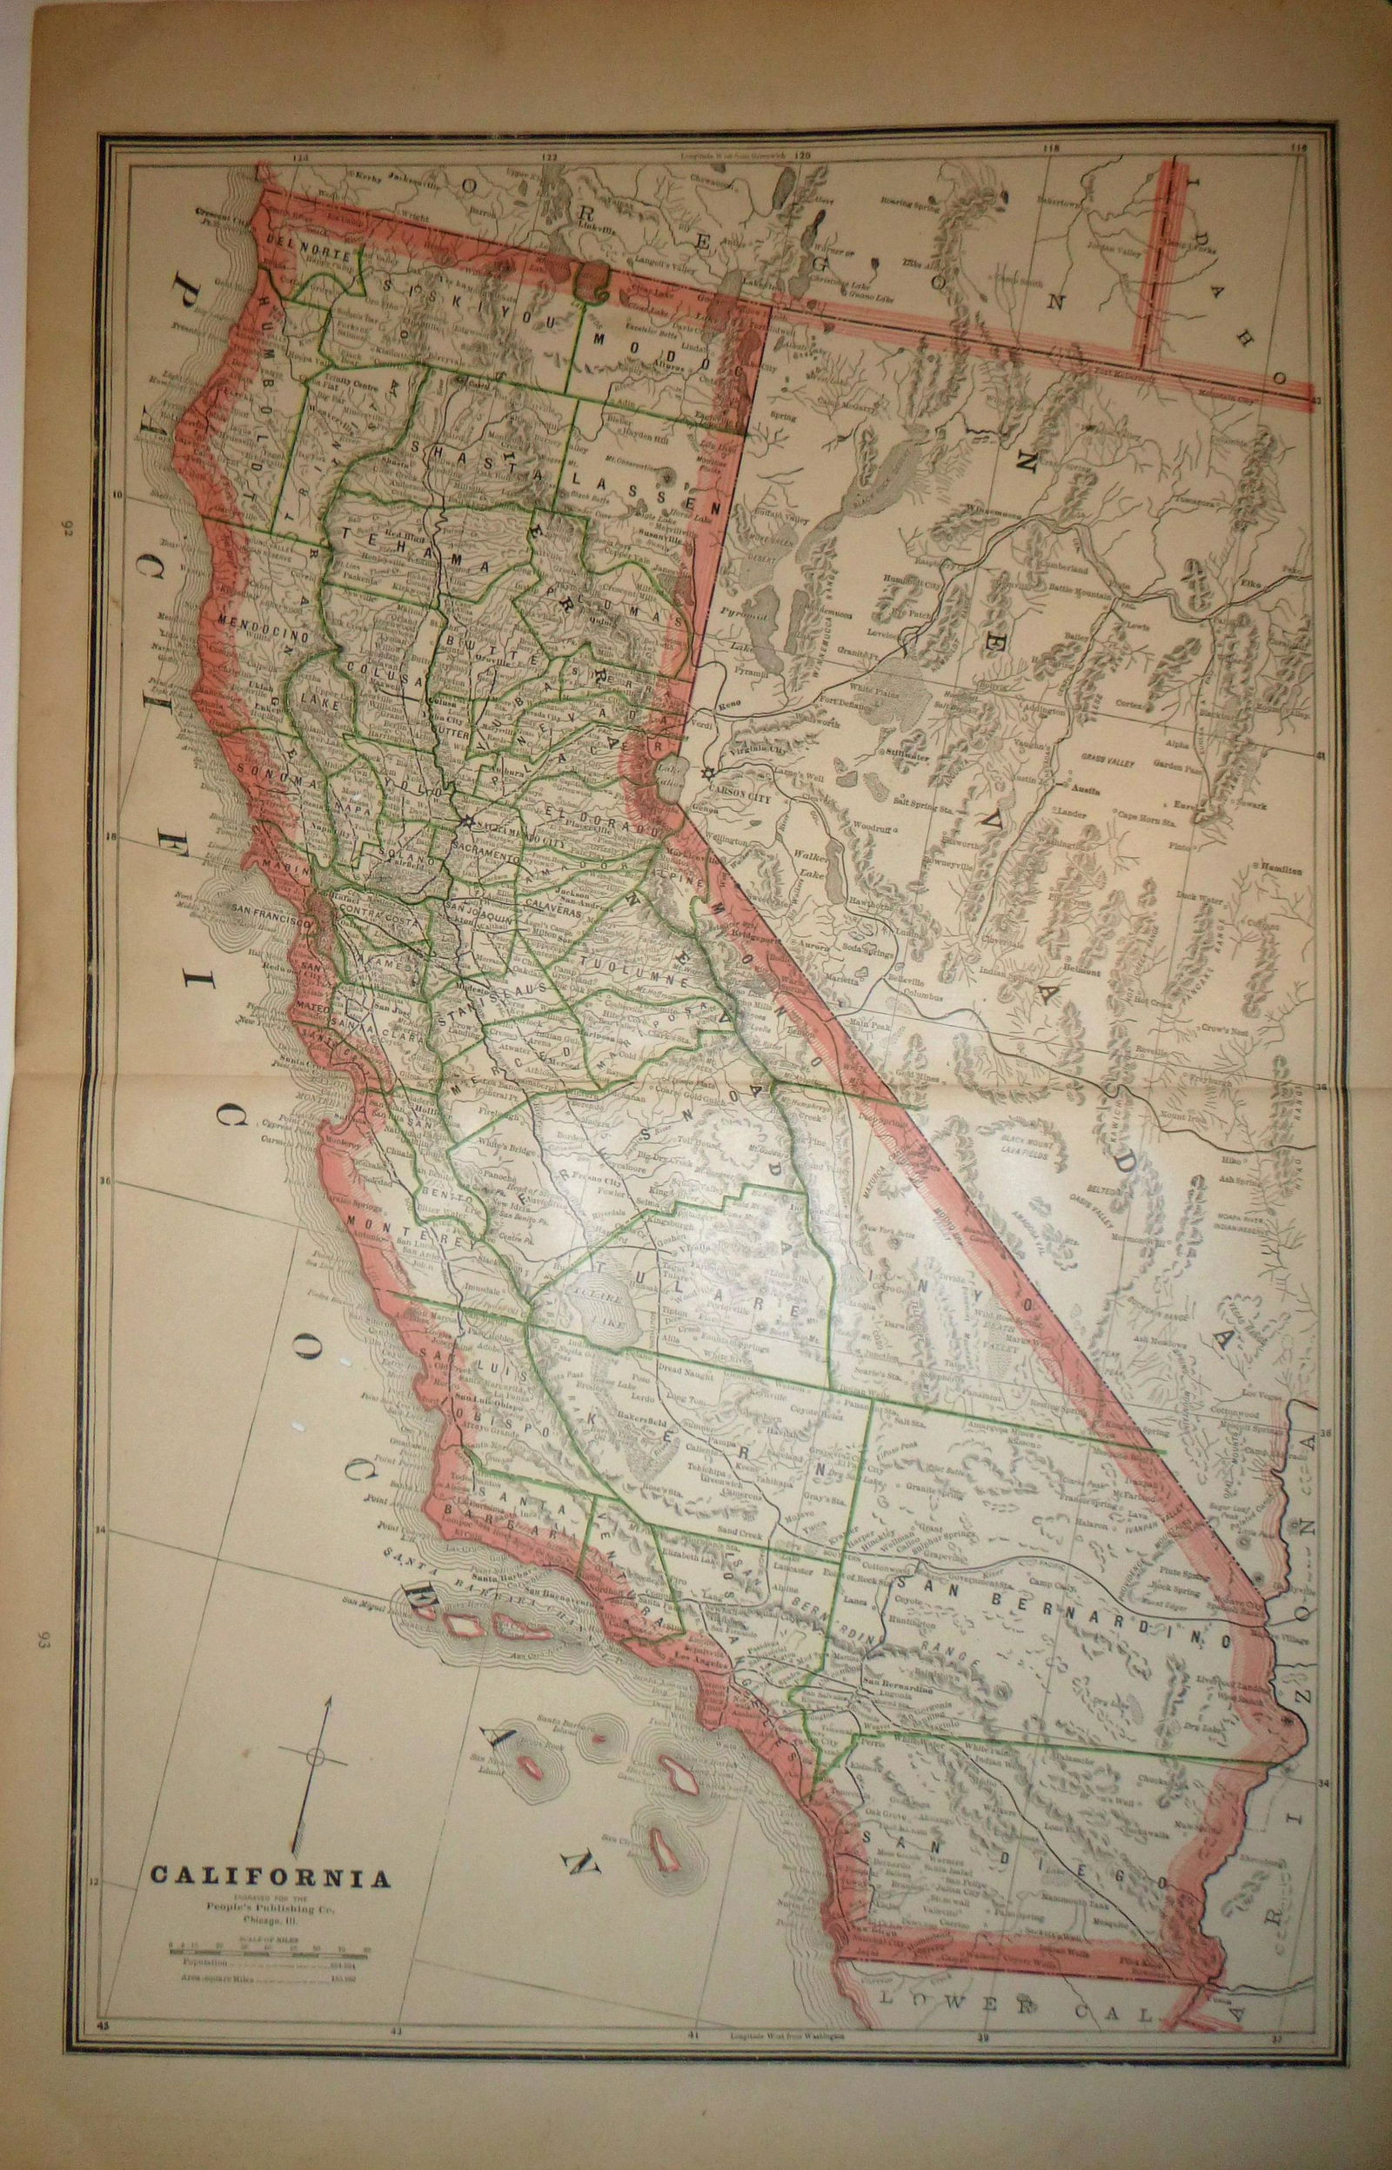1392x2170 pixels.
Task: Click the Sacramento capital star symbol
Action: [x=465, y=820]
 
